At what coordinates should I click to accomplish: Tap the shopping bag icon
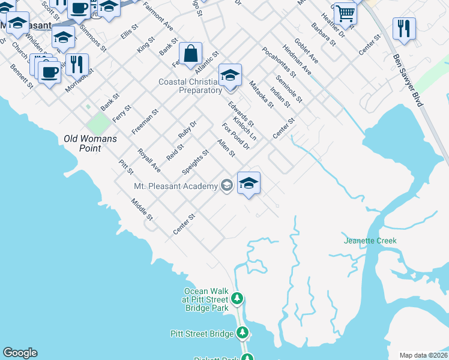pyautogui.click(x=190, y=53)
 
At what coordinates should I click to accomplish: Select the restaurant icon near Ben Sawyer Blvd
pyautogui.click(x=404, y=28)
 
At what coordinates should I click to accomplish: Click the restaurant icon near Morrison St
pyautogui.click(x=77, y=64)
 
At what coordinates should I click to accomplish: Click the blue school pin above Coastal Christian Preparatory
pyautogui.click(x=230, y=75)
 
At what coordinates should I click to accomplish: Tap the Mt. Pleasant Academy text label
pyautogui.click(x=175, y=186)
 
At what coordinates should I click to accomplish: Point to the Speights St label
pyautogui.click(x=195, y=163)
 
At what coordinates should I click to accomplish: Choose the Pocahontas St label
pyautogui.click(x=279, y=62)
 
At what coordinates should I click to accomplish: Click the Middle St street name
pyautogui.click(x=143, y=209)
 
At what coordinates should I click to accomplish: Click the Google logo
pyautogui.click(x=20, y=353)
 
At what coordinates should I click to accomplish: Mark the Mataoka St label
pyautogui.click(x=261, y=95)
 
